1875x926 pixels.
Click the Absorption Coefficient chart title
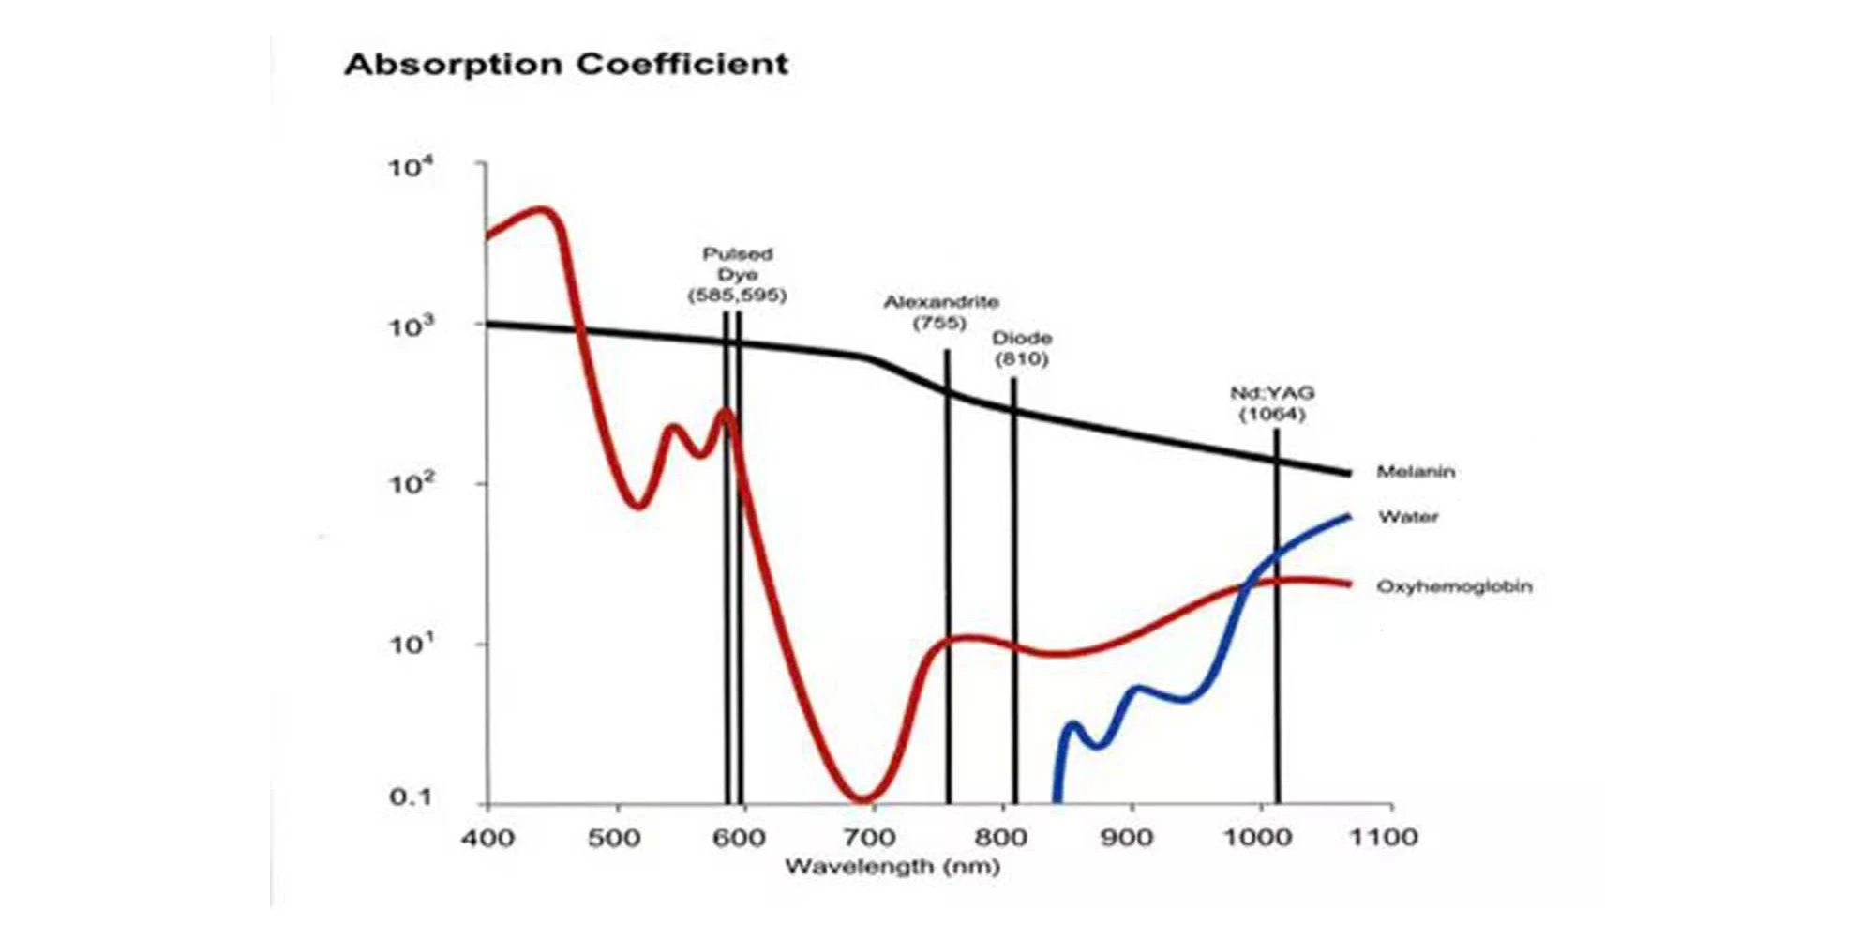tap(566, 64)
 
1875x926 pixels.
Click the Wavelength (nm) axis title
tap(892, 866)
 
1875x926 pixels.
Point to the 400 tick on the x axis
tap(487, 837)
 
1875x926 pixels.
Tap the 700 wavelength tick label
tap(868, 837)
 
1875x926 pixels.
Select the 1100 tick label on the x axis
tap(1383, 837)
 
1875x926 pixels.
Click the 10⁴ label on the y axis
tap(411, 168)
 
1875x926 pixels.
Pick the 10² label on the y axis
tap(411, 484)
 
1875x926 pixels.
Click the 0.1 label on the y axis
tap(411, 797)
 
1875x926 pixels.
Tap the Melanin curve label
tap(1416, 472)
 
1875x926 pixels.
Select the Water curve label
tap(1407, 517)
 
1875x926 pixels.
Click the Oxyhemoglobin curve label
tap(1454, 586)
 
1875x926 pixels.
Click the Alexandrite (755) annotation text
tap(940, 311)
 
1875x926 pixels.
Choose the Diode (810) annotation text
tap(1022, 348)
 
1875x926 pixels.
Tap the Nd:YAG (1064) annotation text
tap(1272, 403)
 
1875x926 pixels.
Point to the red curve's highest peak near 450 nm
tap(542, 209)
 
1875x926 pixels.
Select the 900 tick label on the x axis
tap(1126, 837)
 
